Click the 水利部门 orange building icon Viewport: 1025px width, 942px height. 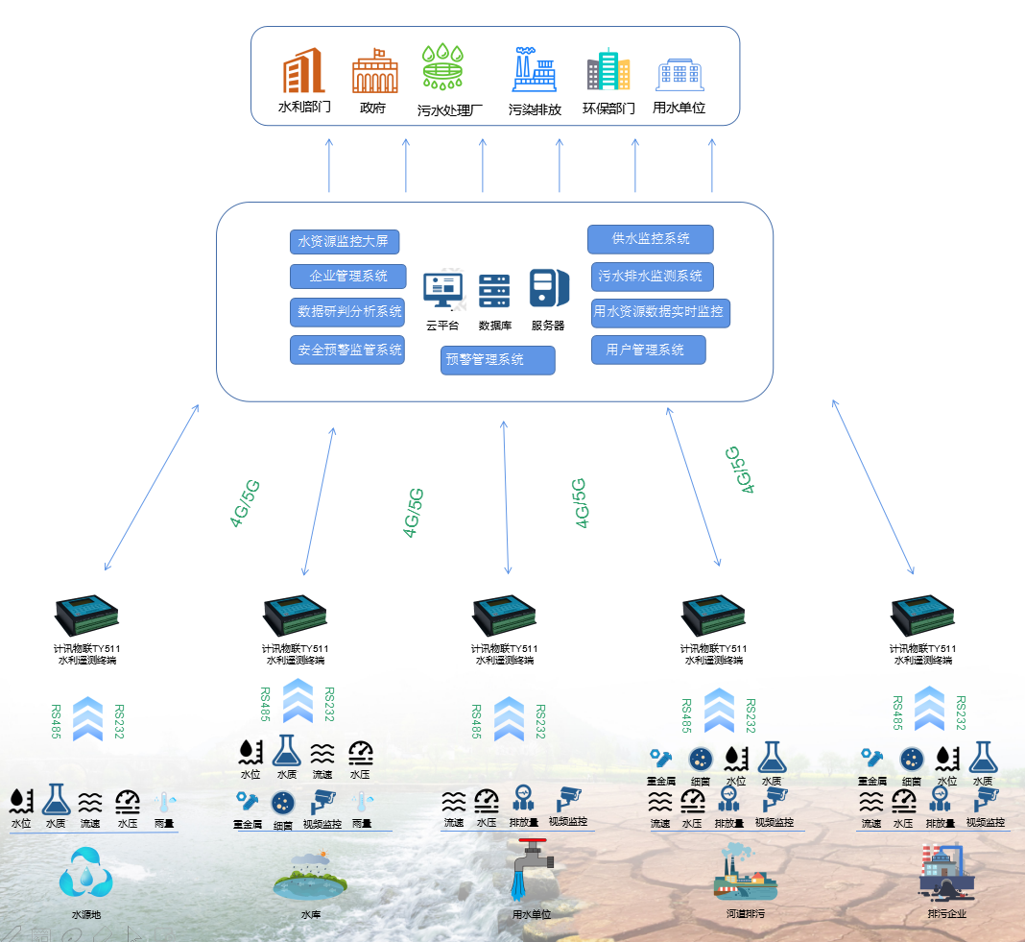coord(303,70)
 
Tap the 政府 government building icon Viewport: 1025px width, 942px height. coord(374,71)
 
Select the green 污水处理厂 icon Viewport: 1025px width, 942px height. coord(443,68)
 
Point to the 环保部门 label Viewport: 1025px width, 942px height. coord(608,109)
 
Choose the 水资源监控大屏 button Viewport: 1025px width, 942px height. coord(344,242)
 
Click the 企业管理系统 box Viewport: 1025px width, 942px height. coord(348,277)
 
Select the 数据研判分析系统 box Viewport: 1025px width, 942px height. coord(348,312)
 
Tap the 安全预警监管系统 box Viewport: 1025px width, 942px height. coord(348,350)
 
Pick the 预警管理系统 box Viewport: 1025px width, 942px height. coord(498,360)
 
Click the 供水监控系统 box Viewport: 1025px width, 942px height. coord(651,239)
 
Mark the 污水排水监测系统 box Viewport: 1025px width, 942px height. coord(652,277)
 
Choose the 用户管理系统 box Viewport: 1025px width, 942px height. coord(648,350)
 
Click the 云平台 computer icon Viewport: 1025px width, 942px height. coord(442,290)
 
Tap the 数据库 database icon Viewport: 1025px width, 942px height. coord(494,290)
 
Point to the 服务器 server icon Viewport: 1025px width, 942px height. coord(548,289)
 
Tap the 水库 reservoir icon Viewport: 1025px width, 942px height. coord(310,874)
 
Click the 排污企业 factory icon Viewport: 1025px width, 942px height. coord(946,872)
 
